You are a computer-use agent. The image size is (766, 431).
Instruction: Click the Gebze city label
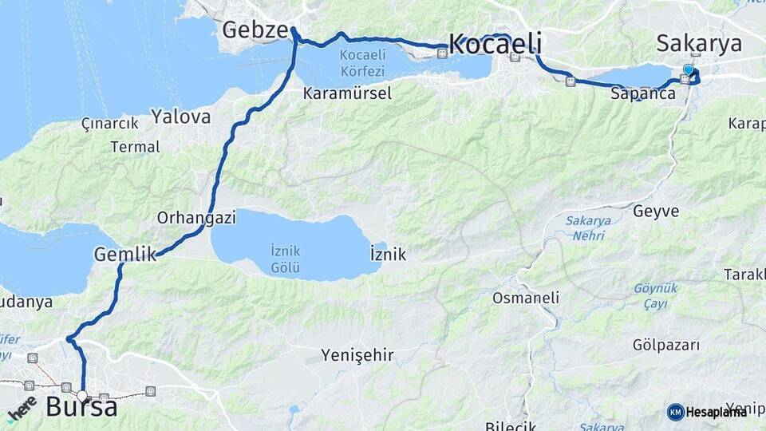click(255, 30)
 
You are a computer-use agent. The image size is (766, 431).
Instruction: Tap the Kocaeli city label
click(496, 43)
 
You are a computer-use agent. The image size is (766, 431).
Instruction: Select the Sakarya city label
click(699, 43)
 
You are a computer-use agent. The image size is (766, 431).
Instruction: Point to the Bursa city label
click(81, 407)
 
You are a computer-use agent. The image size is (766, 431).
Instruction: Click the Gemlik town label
click(124, 255)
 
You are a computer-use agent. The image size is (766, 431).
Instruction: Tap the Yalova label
click(181, 117)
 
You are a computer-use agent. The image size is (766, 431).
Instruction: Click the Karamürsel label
click(347, 93)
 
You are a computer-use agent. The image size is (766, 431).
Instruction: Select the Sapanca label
click(643, 93)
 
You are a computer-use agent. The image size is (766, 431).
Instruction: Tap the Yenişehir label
click(357, 355)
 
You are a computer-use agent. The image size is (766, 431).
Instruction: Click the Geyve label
click(656, 212)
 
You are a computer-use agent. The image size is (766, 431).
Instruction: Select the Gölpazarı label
click(665, 345)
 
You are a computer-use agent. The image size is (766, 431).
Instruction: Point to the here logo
click(22, 409)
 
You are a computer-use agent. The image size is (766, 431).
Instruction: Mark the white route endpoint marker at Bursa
click(82, 394)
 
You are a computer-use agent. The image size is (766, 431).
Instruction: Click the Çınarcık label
click(110, 123)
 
